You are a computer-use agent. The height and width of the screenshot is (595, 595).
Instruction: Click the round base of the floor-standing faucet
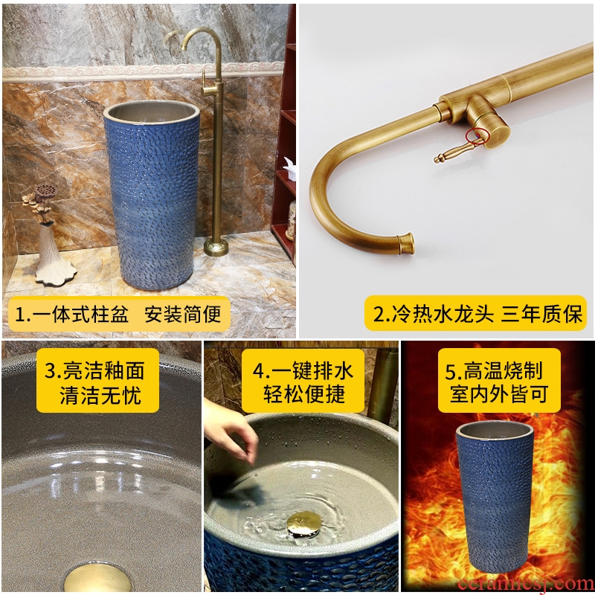click(x=216, y=247)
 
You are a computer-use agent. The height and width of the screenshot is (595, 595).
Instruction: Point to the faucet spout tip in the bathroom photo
click(x=184, y=47)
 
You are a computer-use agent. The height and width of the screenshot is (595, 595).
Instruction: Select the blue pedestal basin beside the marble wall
click(x=152, y=195)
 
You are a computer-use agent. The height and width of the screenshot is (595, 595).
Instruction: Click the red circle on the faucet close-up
click(x=477, y=137)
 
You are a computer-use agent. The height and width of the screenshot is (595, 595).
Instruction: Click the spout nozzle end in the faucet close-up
click(x=405, y=243)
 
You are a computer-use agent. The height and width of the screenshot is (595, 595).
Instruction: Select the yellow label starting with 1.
click(x=119, y=314)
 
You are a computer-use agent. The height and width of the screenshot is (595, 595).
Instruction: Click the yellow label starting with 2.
click(x=475, y=313)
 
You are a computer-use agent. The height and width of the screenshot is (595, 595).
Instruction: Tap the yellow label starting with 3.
click(x=97, y=380)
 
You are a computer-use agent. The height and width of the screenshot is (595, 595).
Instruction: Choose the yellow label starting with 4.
click(x=303, y=381)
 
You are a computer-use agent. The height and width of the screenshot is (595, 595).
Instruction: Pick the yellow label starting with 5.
click(x=499, y=380)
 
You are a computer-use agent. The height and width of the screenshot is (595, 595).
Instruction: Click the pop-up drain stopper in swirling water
click(x=304, y=524)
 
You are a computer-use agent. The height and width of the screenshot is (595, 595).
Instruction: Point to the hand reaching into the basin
click(x=230, y=430)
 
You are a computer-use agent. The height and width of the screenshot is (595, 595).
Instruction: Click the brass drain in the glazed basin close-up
click(x=98, y=579)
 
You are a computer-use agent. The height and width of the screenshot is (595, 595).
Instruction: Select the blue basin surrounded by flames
click(x=495, y=496)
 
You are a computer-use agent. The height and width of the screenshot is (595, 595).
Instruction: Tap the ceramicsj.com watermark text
click(x=526, y=584)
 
